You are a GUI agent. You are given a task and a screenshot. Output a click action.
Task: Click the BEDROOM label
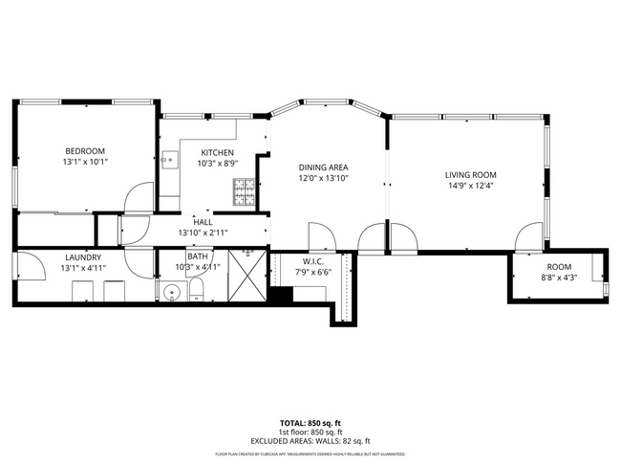(x=85, y=151)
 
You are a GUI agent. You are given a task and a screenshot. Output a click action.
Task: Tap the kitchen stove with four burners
(x=242, y=194)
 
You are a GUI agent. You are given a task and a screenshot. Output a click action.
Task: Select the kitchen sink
(x=167, y=159)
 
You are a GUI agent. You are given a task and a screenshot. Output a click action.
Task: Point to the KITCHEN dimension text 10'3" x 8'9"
(x=218, y=165)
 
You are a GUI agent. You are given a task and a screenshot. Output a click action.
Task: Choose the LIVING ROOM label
(x=470, y=174)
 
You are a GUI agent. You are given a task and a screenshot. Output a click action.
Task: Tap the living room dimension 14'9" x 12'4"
(x=470, y=187)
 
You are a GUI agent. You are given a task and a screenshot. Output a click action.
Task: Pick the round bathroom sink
(x=173, y=292)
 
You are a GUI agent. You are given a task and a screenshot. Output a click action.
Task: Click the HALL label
(x=202, y=221)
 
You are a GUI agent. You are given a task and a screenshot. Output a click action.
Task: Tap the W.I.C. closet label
(x=313, y=260)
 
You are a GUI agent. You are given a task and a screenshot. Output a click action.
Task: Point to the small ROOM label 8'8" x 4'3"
(x=559, y=267)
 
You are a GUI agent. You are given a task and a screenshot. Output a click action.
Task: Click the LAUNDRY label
(x=84, y=256)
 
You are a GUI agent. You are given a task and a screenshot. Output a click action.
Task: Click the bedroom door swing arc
(x=139, y=198)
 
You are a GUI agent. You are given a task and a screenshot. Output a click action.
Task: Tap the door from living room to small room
(x=526, y=236)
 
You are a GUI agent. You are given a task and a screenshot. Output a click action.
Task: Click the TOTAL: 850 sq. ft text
(x=310, y=422)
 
